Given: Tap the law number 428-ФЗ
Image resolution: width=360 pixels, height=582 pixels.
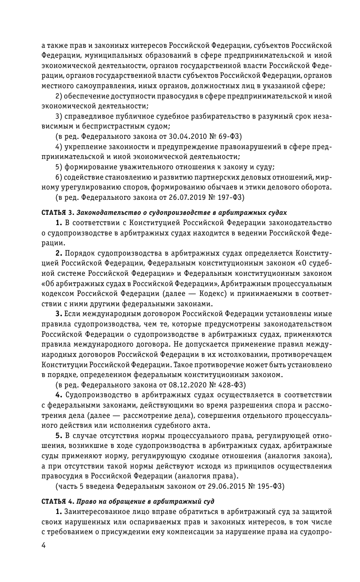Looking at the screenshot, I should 230,385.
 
